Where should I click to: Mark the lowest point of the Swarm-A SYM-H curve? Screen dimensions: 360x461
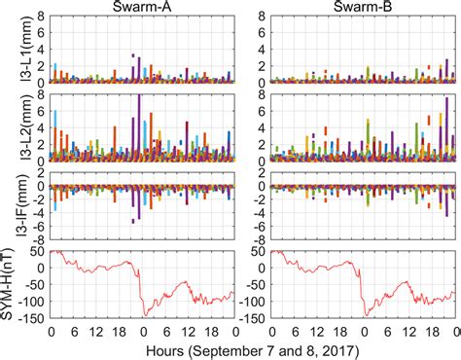coord(145,315)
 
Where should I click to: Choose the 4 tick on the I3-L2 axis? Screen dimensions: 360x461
coord(42,128)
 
